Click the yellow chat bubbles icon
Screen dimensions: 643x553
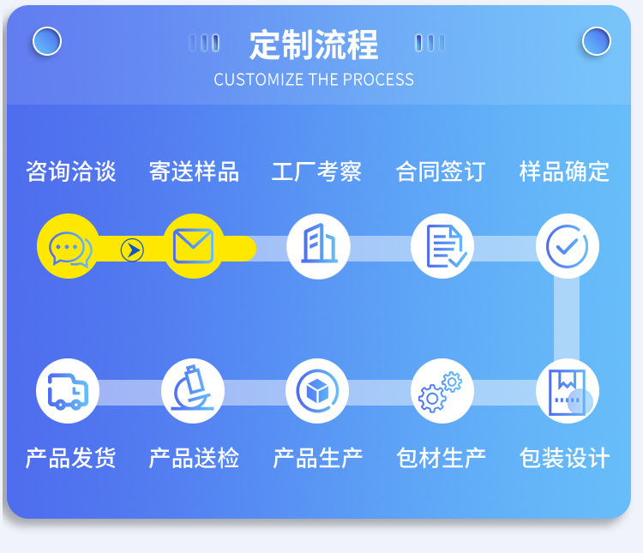point(70,249)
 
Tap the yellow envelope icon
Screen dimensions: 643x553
point(193,246)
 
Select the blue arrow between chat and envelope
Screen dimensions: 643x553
point(132,249)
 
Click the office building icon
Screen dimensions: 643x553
point(319,243)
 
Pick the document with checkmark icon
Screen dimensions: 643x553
point(445,246)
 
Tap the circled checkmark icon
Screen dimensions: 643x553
point(568,246)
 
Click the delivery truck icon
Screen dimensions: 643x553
point(68,391)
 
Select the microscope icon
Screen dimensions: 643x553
point(192,388)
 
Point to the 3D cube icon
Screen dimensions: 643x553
point(317,391)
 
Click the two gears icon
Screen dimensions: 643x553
point(440,392)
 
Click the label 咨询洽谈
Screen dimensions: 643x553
point(71,171)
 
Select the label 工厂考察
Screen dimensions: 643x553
point(316,171)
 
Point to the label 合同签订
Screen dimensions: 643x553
point(441,171)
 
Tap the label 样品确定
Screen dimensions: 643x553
point(564,171)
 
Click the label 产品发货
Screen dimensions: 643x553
point(70,458)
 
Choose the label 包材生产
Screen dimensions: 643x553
point(442,458)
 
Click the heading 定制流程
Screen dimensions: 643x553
point(314,45)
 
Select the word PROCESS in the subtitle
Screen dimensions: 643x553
point(378,80)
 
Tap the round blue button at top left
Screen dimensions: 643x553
point(47,41)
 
